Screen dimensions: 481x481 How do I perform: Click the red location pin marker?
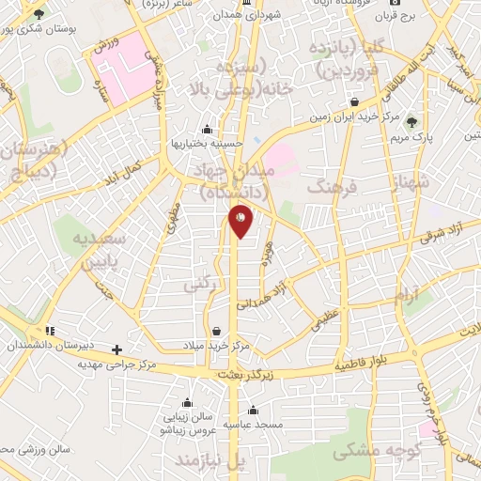tap(240, 221)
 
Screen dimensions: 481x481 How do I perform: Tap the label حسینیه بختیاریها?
tap(207, 143)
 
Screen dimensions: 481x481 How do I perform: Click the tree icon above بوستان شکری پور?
tap(39, 15)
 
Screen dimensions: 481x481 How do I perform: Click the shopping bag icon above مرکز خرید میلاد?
tap(217, 331)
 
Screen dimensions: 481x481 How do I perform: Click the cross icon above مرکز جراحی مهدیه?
tap(116, 349)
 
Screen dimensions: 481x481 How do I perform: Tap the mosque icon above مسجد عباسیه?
tap(253, 409)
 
